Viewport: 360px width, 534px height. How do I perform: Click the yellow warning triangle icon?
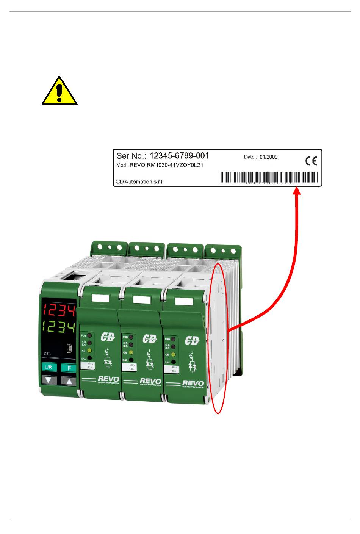coord(59,91)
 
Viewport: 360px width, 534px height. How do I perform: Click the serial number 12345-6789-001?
coord(179,156)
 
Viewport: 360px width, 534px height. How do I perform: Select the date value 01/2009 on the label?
coord(268,157)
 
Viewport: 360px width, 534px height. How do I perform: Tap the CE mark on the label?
coord(311,161)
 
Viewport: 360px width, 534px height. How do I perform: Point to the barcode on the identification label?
coord(269,177)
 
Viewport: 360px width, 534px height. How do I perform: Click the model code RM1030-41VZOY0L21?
coord(166,165)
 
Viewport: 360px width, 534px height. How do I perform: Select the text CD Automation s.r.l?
coord(139,182)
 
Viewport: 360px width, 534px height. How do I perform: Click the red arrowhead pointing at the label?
coord(297,192)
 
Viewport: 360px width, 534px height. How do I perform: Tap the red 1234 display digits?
coord(59,310)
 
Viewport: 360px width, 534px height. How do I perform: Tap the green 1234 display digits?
coord(59,327)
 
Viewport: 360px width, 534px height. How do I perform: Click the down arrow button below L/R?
coord(48,381)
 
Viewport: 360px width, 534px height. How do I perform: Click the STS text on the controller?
coord(47,354)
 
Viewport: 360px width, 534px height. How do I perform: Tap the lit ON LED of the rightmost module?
coord(173,355)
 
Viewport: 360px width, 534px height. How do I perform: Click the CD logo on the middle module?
coord(150,338)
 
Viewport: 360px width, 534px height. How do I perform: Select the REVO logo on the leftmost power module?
coord(108,379)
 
